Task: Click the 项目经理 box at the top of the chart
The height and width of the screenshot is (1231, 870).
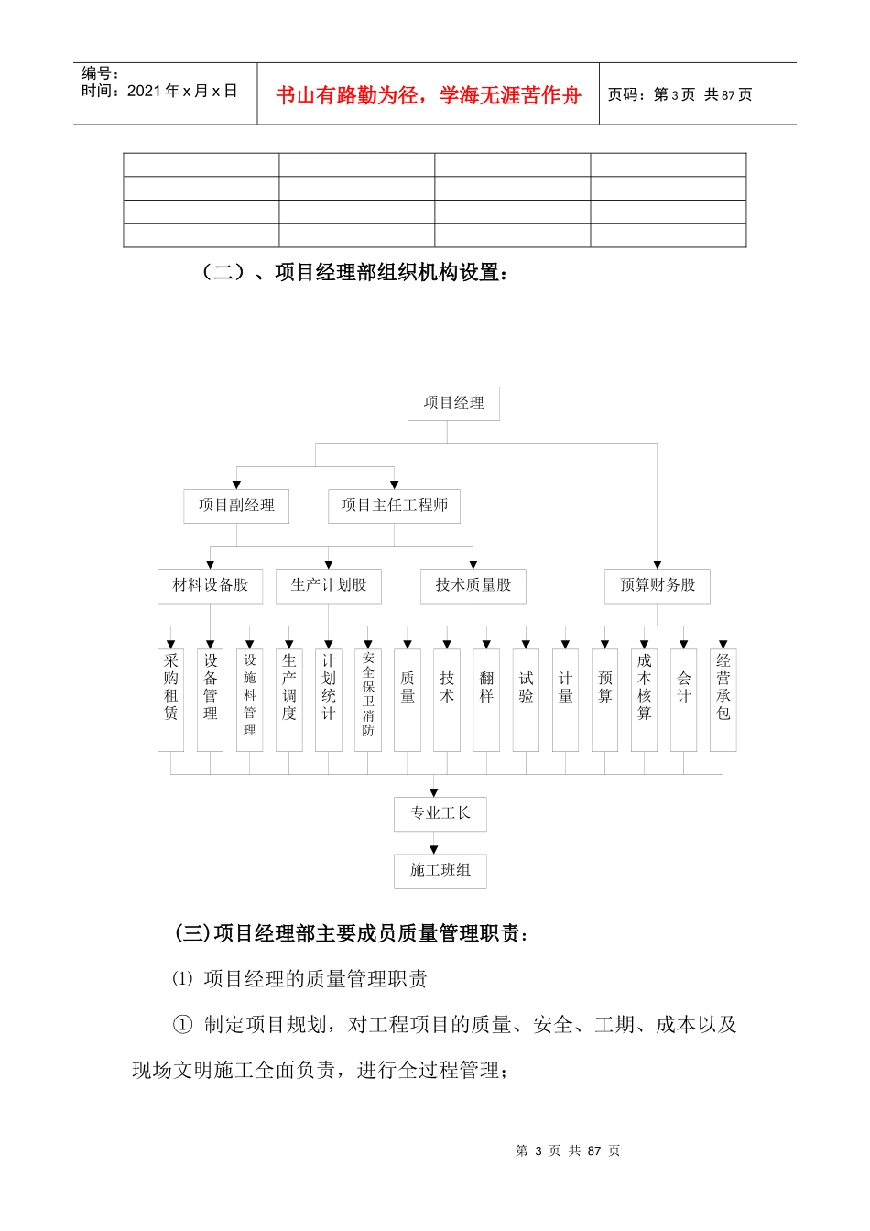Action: pyautogui.click(x=453, y=403)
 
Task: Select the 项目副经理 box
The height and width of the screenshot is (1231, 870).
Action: pyautogui.click(x=236, y=506)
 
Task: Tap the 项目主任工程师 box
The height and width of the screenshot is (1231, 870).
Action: pyautogui.click(x=394, y=506)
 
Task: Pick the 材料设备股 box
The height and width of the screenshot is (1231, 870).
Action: pyautogui.click(x=210, y=585)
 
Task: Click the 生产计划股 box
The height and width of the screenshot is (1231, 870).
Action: pyautogui.click(x=328, y=585)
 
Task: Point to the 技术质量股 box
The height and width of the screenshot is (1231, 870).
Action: pyautogui.click(x=473, y=585)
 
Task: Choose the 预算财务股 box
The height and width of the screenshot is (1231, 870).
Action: pyautogui.click(x=657, y=585)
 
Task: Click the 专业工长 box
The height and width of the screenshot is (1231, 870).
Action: pyautogui.click(x=440, y=813)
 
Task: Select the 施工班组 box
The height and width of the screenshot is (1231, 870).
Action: pyautogui.click(x=440, y=870)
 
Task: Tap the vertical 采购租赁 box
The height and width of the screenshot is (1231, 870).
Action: pyautogui.click(x=171, y=699)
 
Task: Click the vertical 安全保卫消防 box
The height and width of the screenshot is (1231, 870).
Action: pyautogui.click(x=368, y=699)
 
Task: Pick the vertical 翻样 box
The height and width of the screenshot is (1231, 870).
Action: pyautogui.click(x=486, y=699)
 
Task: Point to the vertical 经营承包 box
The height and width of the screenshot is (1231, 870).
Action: pyautogui.click(x=723, y=699)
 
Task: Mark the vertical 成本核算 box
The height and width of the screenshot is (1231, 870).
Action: pyautogui.click(x=644, y=699)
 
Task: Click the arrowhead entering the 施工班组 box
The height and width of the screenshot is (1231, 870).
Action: pyautogui.click(x=434, y=850)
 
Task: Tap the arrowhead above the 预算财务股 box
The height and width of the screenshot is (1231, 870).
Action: pyautogui.click(x=657, y=564)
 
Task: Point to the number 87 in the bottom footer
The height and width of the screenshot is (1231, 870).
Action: pyautogui.click(x=594, y=1150)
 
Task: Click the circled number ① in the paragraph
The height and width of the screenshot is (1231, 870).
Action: pyautogui.click(x=183, y=1025)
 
